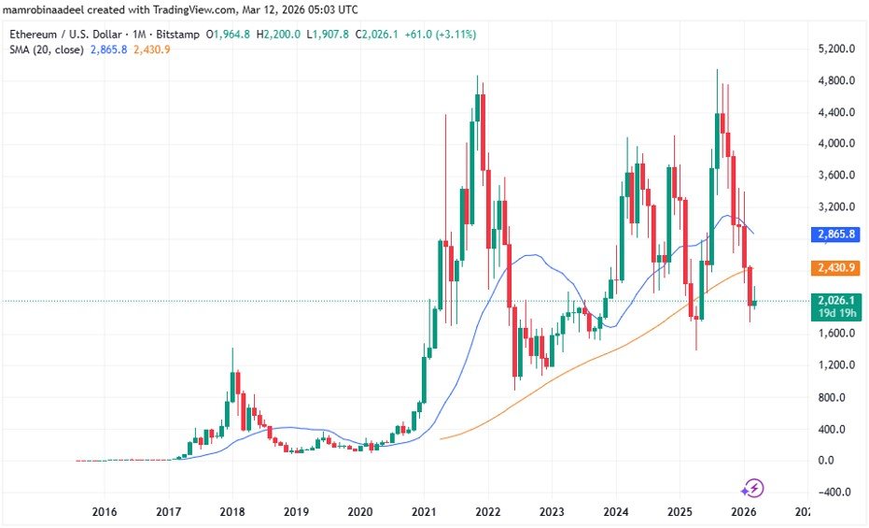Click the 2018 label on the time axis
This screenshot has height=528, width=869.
(232, 511)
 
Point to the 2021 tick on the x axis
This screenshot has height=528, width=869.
(424, 511)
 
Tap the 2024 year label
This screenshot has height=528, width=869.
(615, 511)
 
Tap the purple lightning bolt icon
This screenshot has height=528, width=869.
(753, 488)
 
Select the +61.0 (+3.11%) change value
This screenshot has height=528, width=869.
(443, 34)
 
